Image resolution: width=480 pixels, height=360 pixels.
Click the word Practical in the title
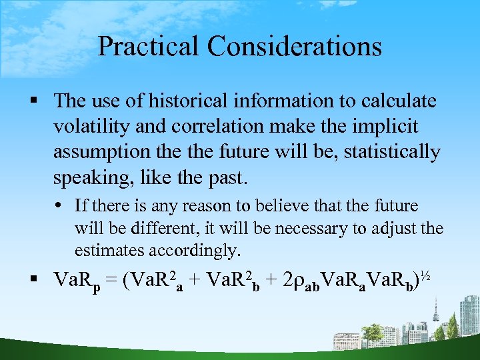click(147, 47)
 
